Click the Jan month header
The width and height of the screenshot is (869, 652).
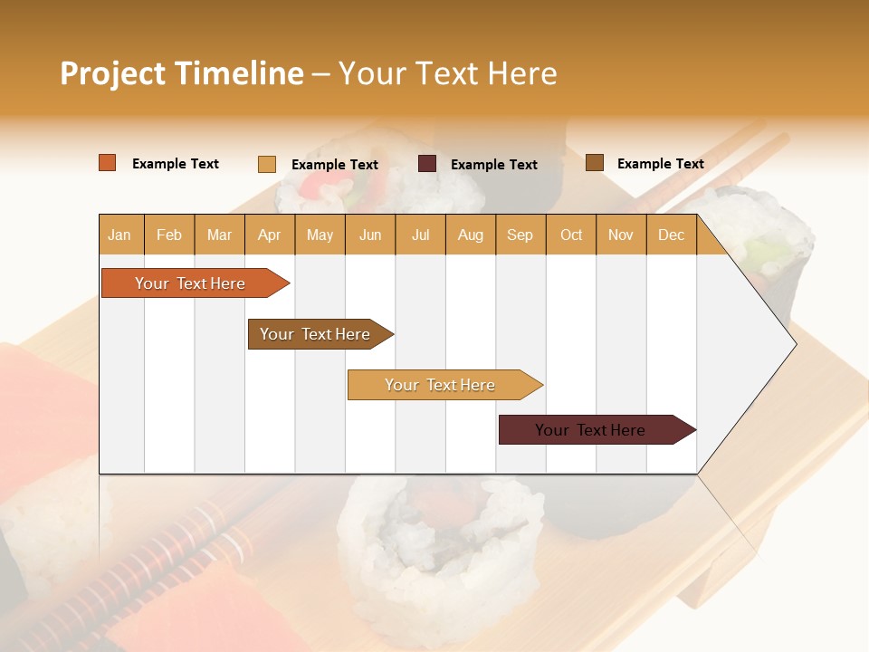pos(119,235)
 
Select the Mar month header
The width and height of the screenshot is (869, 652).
pos(219,235)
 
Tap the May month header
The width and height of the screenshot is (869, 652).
pos(320,235)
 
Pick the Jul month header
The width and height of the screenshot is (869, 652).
pos(420,235)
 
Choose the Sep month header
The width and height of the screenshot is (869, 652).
pos(520,235)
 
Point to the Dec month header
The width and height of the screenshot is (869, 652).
pos(671,235)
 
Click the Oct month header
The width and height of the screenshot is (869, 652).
pos(571,235)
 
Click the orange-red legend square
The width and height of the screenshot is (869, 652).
pos(108,163)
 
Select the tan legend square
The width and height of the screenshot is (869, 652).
pos(267,164)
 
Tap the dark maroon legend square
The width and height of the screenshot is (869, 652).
pos(427,164)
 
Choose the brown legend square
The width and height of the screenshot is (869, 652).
pos(595,163)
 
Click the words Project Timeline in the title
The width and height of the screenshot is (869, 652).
pos(182,73)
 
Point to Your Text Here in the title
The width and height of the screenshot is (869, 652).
pos(447,73)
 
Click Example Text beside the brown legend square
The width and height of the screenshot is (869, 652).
pos(660,164)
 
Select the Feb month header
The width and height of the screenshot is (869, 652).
pos(169,235)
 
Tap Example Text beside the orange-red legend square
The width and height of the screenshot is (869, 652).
pos(176,164)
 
